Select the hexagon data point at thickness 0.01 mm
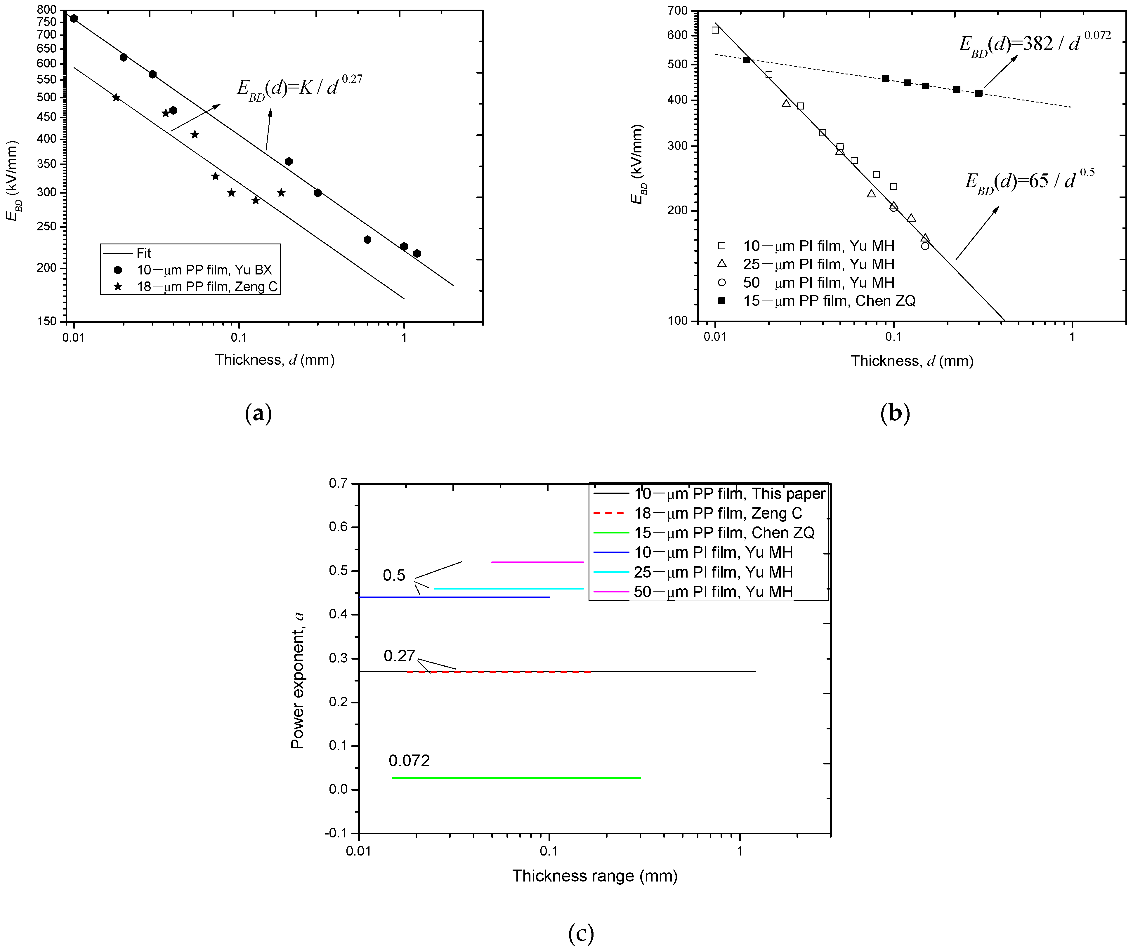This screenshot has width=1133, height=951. (74, 18)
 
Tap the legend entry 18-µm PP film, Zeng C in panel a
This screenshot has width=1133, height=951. (207, 286)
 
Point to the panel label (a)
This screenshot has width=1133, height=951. (258, 413)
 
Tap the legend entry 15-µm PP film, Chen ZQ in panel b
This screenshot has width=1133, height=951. (829, 301)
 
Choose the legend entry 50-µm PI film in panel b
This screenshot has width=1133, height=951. (818, 283)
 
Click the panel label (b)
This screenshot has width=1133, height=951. (895, 413)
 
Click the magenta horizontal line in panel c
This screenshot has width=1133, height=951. (537, 562)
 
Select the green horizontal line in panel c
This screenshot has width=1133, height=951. (516, 778)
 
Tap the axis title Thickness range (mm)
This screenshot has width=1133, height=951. (595, 875)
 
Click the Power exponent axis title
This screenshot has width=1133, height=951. (297, 681)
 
